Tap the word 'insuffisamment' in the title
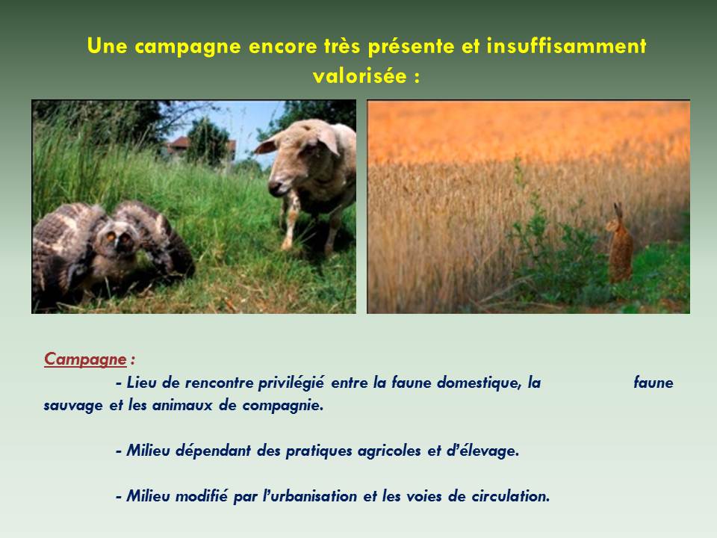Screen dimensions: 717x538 pyautogui.click(x=566, y=46)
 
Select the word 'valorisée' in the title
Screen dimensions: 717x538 pyautogui.click(x=360, y=75)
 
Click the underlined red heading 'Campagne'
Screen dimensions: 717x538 pyautogui.click(x=85, y=359)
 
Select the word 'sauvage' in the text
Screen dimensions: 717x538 pyautogui.click(x=73, y=406)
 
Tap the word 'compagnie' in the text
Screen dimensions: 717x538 pyautogui.click(x=282, y=406)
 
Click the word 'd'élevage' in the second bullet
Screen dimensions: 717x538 pyautogui.click(x=482, y=451)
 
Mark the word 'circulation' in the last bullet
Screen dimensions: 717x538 pyautogui.click(x=510, y=496)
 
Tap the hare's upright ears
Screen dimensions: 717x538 pyautogui.click(x=618, y=211)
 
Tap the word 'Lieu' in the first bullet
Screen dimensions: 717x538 pyautogui.click(x=141, y=383)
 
